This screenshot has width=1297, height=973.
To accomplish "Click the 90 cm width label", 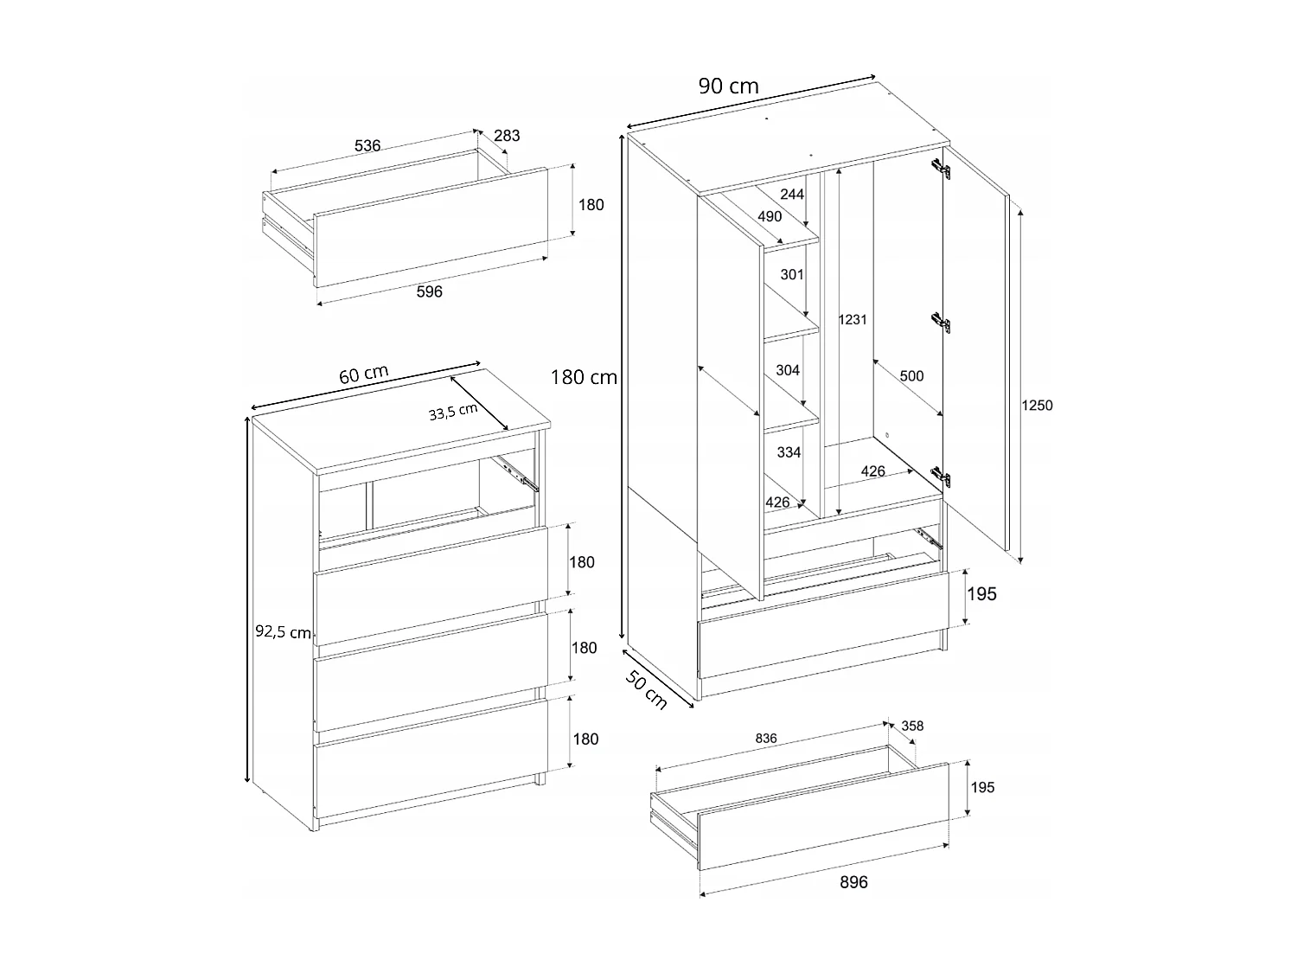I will click(728, 86).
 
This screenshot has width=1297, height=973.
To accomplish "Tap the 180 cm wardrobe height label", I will click(584, 377).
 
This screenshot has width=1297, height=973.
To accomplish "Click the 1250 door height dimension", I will click(1037, 406).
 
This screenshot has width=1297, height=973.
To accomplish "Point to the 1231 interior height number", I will click(852, 319).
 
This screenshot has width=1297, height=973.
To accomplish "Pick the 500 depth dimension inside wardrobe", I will click(911, 376).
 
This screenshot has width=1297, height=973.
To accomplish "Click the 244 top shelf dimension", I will click(792, 194).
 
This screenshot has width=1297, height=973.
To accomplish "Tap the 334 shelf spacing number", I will click(789, 452).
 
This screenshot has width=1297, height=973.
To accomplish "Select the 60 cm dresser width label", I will click(363, 375).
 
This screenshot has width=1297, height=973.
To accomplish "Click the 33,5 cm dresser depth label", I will click(453, 413).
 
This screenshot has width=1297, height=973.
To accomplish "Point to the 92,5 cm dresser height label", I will click(283, 632).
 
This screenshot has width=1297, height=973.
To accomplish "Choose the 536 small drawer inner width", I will click(367, 145).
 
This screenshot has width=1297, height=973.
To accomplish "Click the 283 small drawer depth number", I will click(507, 135).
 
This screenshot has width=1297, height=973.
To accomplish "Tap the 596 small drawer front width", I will click(429, 291).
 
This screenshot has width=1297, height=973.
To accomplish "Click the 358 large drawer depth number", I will click(911, 726).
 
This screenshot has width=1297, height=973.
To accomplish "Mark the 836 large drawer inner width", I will click(765, 739).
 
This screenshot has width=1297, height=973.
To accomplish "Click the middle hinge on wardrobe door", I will click(942, 323).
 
